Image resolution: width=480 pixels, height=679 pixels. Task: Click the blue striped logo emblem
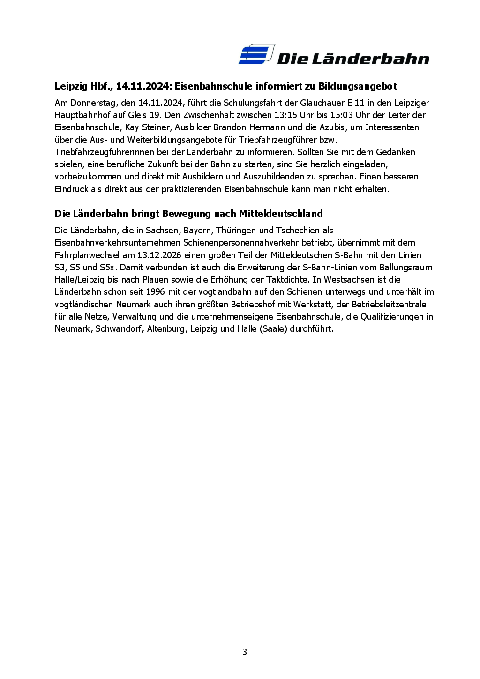(256, 54)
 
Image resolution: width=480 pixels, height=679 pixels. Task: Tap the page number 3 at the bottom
(244, 652)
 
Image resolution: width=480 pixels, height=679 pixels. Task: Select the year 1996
(155, 292)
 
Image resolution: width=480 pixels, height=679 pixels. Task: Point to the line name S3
(60, 268)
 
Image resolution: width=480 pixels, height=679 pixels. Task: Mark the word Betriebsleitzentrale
(389, 305)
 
